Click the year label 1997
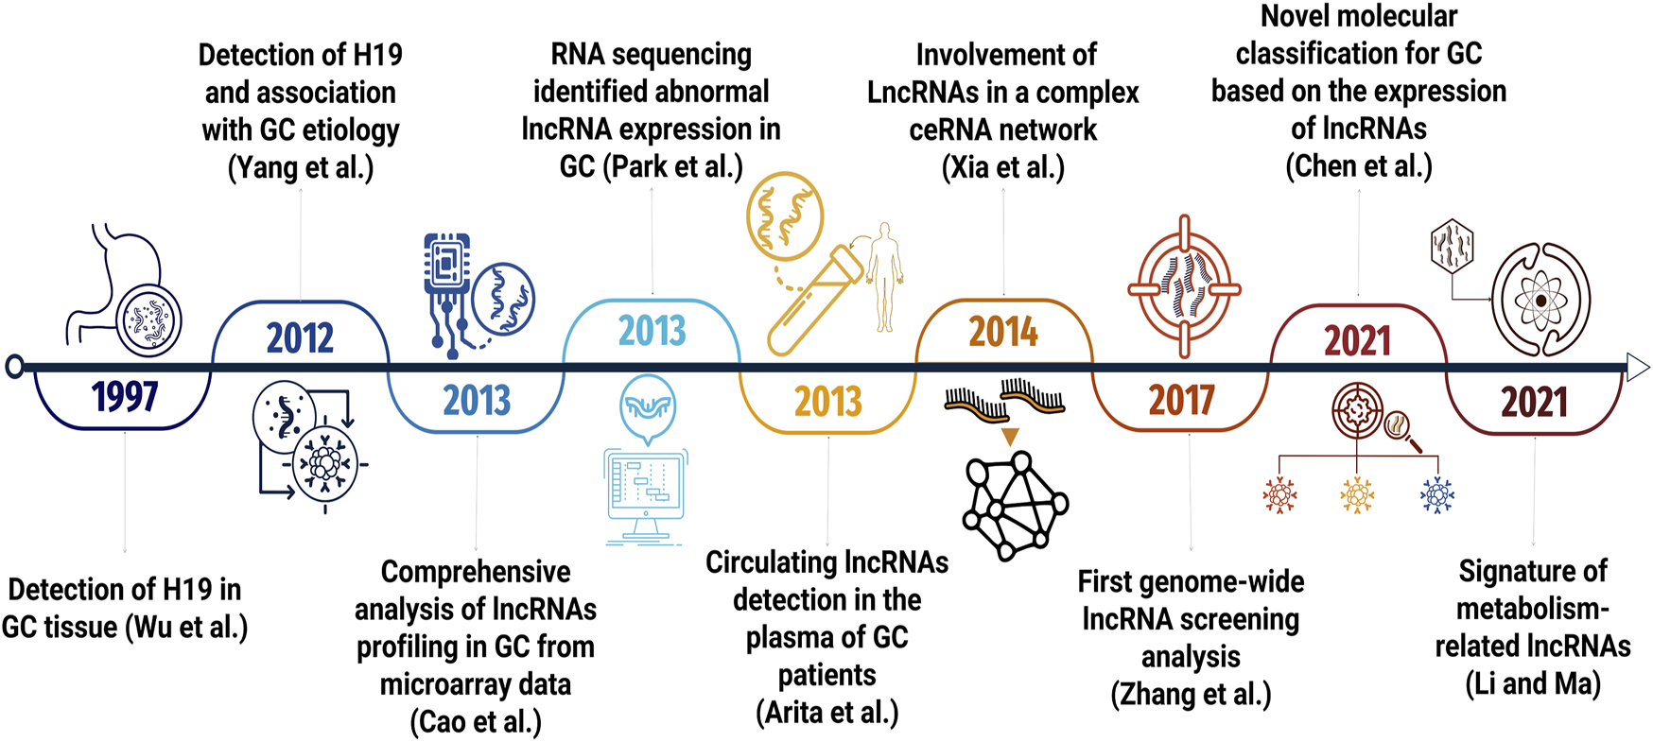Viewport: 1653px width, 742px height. click(124, 397)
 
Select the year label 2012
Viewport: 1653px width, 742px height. click(300, 337)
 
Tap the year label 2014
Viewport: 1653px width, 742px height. click(1003, 333)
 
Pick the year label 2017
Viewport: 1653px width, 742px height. click(1181, 401)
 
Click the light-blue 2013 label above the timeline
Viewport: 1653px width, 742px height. click(652, 331)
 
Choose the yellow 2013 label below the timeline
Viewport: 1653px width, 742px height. click(828, 402)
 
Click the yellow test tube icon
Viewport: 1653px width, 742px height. click(814, 300)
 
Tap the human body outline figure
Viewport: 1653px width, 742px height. click(884, 277)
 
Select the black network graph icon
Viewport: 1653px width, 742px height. click(1016, 506)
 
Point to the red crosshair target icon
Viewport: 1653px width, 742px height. click(1184, 287)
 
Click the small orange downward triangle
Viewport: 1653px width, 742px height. click(1010, 437)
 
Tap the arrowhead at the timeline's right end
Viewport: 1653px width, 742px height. click(1638, 367)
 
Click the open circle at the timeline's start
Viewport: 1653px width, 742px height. click(14, 367)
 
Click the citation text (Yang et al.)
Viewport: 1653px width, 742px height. click(301, 168)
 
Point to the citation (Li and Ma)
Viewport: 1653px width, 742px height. click(1533, 683)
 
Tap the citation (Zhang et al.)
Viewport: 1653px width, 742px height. click(1191, 695)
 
